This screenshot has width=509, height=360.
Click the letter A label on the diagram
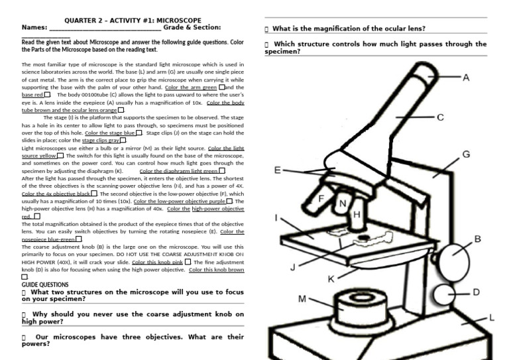click(x=466, y=78)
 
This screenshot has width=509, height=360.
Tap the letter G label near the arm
click(x=467, y=154)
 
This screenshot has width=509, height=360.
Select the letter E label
click(x=278, y=170)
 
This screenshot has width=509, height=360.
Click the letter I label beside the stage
click(x=275, y=217)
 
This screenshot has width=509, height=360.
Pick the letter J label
click(x=293, y=267)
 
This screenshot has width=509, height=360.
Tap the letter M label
click(x=302, y=299)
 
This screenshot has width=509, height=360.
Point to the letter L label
click(x=491, y=319)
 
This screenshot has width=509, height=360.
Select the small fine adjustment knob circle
click(x=444, y=292)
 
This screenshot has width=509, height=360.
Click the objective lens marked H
click(x=356, y=215)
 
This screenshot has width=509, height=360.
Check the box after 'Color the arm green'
click(x=222, y=87)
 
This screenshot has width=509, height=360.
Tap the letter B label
click(x=477, y=239)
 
